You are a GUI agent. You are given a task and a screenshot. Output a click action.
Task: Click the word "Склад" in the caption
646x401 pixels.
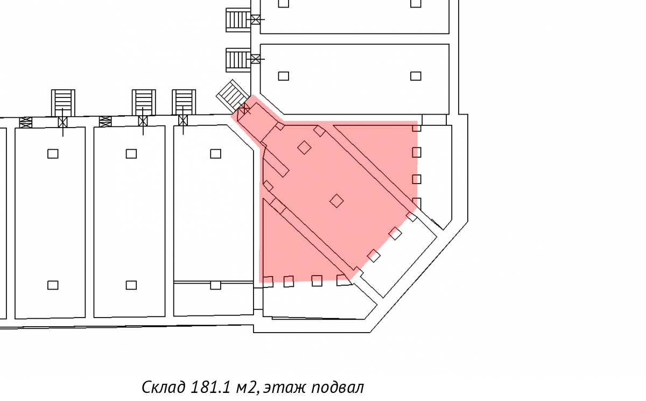click(x=164, y=387)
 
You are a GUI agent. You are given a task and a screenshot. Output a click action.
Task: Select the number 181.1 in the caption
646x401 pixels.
click(x=211, y=387)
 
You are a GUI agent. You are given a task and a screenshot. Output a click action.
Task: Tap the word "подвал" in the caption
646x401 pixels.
click(x=338, y=388)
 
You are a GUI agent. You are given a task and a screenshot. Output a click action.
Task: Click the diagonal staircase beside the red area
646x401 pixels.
click(x=233, y=96)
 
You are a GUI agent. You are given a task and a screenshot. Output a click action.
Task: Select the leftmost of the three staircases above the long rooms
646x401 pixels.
click(x=63, y=103)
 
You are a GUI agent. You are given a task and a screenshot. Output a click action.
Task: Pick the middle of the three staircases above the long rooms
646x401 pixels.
click(x=144, y=103)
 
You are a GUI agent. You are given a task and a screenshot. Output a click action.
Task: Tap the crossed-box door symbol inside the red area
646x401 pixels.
click(x=244, y=109)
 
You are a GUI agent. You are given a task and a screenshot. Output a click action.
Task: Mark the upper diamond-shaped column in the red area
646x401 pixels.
click(x=304, y=147)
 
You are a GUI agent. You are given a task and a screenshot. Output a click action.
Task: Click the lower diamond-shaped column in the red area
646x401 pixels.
click(x=336, y=201)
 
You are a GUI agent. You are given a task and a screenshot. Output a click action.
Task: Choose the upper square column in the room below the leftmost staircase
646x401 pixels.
click(x=53, y=154)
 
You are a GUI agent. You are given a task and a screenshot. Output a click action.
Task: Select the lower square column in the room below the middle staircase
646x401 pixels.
click(x=131, y=285)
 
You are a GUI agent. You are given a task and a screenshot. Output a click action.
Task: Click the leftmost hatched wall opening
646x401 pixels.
click(x=26, y=123)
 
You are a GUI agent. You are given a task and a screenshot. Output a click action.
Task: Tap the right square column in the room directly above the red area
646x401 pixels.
click(x=416, y=76)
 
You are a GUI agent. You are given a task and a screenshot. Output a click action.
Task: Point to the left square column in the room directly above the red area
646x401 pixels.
click(x=284, y=76)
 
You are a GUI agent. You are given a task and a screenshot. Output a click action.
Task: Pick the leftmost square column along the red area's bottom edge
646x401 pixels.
click(x=268, y=282)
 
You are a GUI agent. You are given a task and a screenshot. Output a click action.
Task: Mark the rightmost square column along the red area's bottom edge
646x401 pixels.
click(x=343, y=280)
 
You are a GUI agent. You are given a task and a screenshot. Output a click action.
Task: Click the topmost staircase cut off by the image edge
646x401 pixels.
click(x=238, y=19)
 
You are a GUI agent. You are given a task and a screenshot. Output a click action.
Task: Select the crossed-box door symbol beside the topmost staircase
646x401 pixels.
click(x=256, y=19)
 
